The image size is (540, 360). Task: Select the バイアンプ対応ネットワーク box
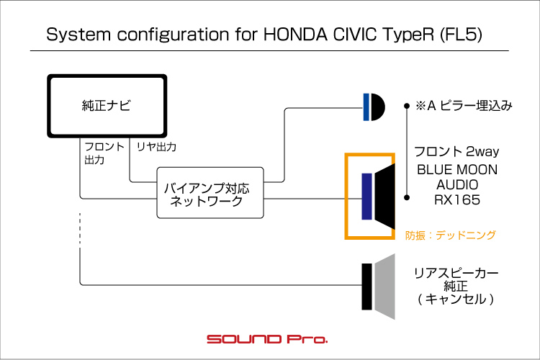[x=210, y=193]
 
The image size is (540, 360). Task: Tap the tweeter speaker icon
[x=374, y=107]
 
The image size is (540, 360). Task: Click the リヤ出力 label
[x=156, y=147]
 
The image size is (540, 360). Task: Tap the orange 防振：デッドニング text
[x=451, y=235]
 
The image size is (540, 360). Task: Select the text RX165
[x=456, y=200]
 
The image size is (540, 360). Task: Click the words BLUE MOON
[x=456, y=169]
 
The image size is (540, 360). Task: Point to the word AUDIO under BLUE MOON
[x=456, y=185]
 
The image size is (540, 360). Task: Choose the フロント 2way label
[x=456, y=151]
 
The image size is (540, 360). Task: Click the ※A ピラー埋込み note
[x=464, y=106]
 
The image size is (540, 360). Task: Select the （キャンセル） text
[x=456, y=298]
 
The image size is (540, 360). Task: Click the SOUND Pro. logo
[x=267, y=338]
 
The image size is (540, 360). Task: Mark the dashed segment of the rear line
[x=80, y=232]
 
